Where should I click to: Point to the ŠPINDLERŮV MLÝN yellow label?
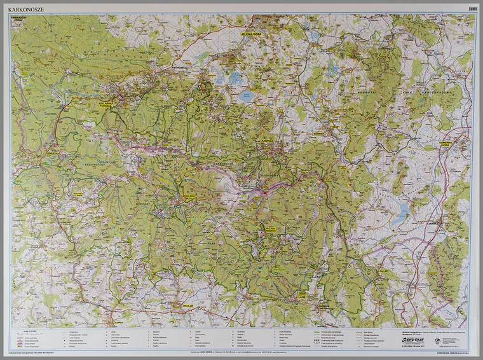(x=189, y=198)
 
